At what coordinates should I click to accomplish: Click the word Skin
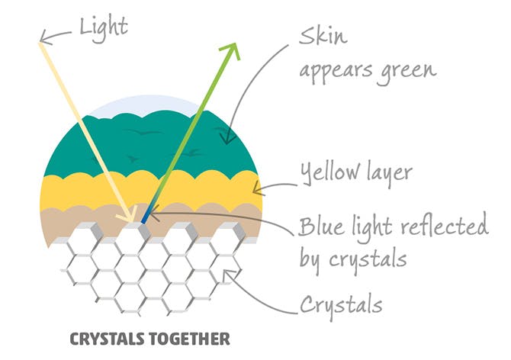(x=323, y=36)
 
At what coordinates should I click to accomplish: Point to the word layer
(x=390, y=173)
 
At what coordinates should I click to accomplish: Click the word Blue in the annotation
(x=322, y=226)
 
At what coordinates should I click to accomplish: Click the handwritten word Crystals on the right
(x=341, y=305)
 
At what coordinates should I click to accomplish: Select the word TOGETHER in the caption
(x=192, y=339)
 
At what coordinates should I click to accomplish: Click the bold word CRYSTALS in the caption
(x=110, y=339)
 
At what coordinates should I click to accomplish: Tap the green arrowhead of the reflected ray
(x=231, y=50)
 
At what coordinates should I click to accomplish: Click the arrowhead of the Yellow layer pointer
(x=258, y=188)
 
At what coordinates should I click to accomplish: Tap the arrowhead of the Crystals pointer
(x=228, y=276)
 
